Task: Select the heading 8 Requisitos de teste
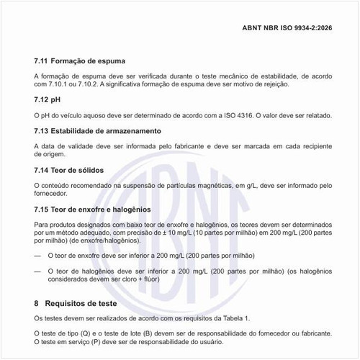click(x=83, y=302)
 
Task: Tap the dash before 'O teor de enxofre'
click(x=38, y=255)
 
